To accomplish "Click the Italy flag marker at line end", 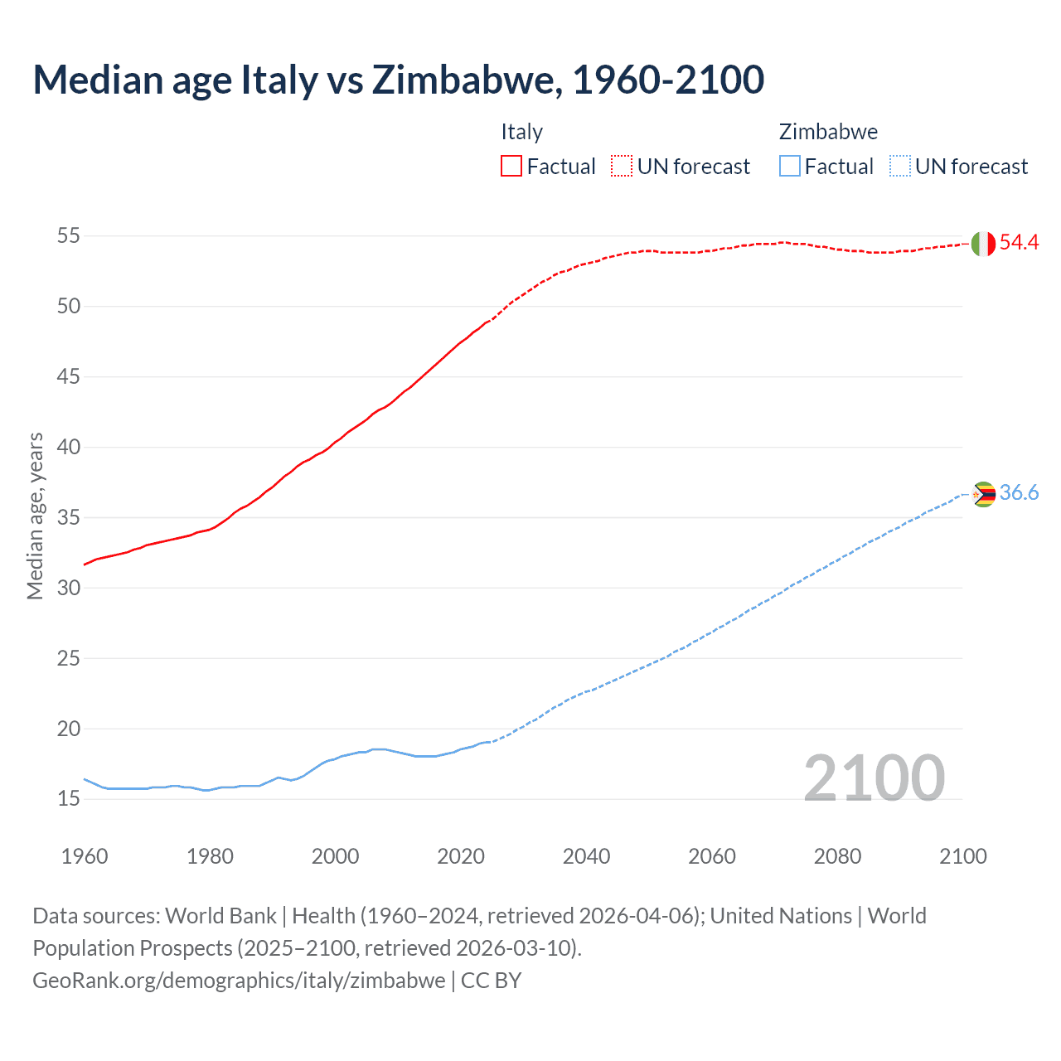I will point(982,244).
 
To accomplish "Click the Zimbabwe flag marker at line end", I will point(983,494).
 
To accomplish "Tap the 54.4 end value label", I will point(1019,242).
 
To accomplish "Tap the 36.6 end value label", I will point(1019,492).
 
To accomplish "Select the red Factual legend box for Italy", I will point(511,167).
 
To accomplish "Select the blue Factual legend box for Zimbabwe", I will point(789,167).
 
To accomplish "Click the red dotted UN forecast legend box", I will point(622,167).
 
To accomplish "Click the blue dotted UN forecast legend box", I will point(899,167).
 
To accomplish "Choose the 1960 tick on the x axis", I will point(85,856).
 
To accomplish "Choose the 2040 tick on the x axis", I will point(586,856).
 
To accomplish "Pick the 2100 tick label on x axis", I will point(963,856).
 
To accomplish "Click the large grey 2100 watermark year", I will point(874,778).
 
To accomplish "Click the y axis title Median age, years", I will point(35,516).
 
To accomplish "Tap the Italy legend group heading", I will point(521,132).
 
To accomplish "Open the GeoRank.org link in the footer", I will point(239,981).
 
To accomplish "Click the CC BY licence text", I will point(491,981).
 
